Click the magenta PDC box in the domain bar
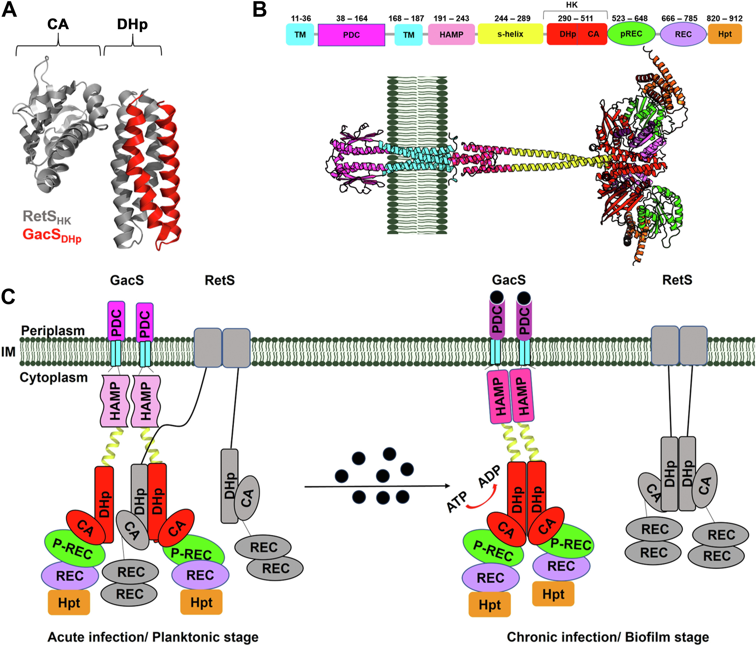[351, 35]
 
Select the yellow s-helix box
[510, 34]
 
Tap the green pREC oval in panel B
[631, 34]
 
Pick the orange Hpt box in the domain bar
[725, 34]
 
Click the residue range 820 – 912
[724, 18]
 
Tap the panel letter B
[259, 10]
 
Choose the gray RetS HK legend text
[47, 217]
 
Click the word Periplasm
[53, 330]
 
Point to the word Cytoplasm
[54, 378]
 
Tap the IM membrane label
[8, 352]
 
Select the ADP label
[489, 477]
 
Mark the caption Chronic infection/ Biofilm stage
[608, 637]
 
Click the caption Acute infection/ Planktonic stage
[153, 637]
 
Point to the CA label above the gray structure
[58, 24]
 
